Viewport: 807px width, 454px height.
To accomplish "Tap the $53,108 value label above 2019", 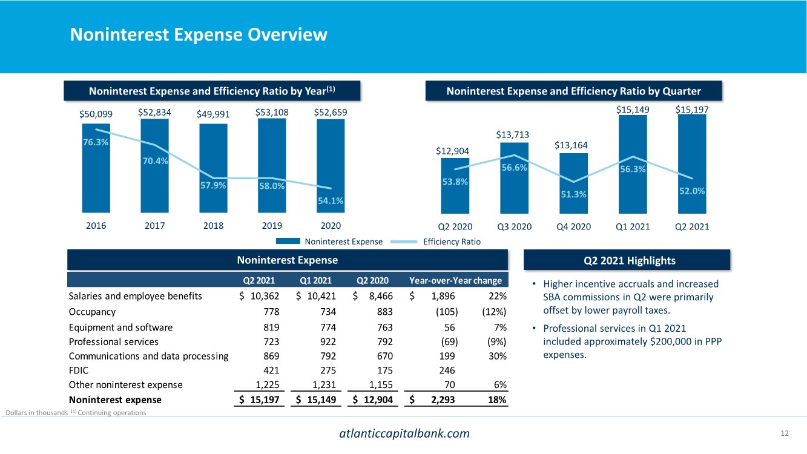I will pos(272,113).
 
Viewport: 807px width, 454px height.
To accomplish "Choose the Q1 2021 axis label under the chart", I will pos(633,227).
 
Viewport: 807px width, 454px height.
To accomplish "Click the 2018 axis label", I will pos(213,226).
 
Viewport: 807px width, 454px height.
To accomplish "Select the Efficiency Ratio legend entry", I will pos(452,242).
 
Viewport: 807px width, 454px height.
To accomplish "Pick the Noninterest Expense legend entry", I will pos(343,242).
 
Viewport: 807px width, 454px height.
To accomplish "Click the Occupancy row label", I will pos(92,312).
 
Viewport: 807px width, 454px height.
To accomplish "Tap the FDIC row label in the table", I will pos(79,370).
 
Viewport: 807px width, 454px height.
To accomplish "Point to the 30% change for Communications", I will pos(498,355).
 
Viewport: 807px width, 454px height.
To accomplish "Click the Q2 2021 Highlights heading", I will pos(629,260).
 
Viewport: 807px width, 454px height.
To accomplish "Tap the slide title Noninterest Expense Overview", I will pos(199,35).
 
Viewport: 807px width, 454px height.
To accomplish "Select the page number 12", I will pos(785,433).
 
